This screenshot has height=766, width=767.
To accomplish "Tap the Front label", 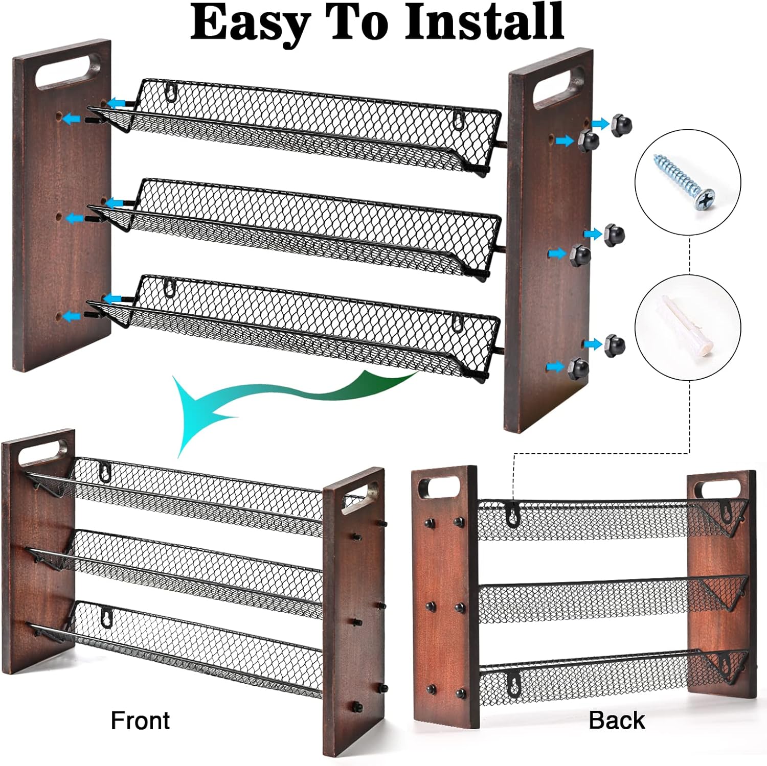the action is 140,721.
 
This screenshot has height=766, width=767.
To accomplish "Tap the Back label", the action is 617,720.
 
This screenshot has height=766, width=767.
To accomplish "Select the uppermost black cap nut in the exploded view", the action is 621,125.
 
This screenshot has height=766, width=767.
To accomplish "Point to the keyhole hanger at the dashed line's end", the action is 512,513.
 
